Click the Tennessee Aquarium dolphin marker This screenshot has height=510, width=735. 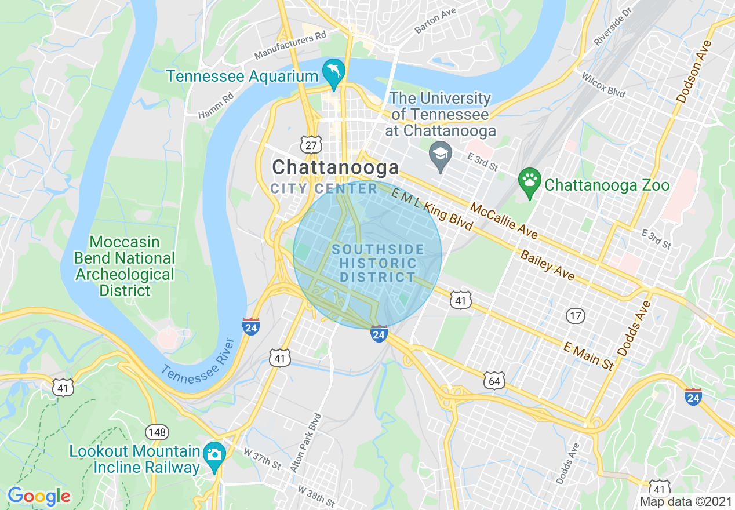[x=334, y=72]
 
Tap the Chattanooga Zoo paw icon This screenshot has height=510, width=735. [x=530, y=181]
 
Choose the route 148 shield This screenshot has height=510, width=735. [x=157, y=432]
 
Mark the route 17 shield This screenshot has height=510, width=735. [x=576, y=316]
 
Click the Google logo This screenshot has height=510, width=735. [x=39, y=496]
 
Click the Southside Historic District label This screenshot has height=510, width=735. [x=378, y=263]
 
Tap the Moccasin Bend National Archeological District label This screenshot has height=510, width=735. [x=125, y=266]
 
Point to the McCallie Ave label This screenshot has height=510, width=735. [x=504, y=221]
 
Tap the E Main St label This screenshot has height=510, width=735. [x=588, y=355]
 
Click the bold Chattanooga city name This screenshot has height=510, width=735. [x=336, y=168]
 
